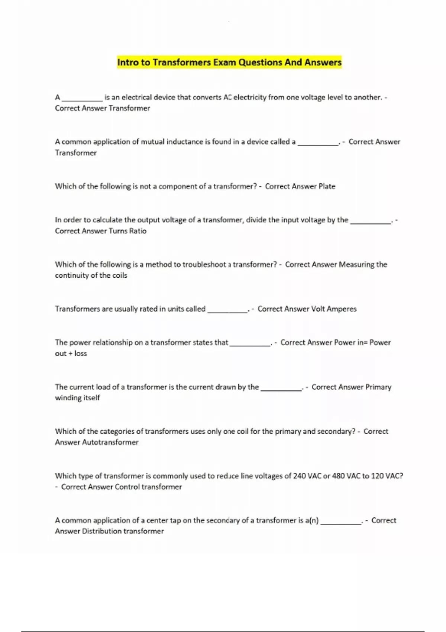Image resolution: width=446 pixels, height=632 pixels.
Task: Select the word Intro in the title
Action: (x=128, y=62)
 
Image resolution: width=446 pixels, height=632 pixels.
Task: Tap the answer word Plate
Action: (x=327, y=186)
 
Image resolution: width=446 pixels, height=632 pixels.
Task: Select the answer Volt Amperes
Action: (x=333, y=309)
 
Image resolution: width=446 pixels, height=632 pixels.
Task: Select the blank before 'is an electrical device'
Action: (x=82, y=99)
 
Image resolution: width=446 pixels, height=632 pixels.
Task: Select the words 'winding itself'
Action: (x=77, y=398)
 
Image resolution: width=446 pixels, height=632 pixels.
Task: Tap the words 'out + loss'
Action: (x=71, y=354)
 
